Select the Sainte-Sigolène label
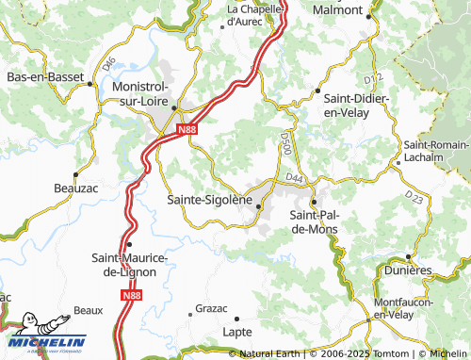(209, 200)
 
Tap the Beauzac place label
(76, 188)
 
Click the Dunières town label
(408, 270)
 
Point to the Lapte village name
(236, 332)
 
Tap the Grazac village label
(211, 308)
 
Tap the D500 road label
(286, 143)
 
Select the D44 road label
(295, 177)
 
